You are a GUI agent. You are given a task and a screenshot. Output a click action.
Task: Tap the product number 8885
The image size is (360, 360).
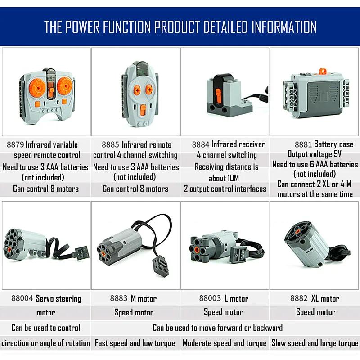pyautogui.click(x=110, y=144)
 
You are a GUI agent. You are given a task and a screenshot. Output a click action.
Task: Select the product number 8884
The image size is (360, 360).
pyautogui.click(x=201, y=144)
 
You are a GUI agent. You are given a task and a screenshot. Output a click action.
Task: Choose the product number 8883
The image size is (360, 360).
pyautogui.click(x=119, y=298)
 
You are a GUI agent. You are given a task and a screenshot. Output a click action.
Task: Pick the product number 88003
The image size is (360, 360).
pyautogui.click(x=210, y=298)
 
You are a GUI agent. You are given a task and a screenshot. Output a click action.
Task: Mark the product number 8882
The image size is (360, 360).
pyautogui.click(x=299, y=298)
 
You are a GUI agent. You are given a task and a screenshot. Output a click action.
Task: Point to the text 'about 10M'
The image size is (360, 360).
pyautogui.click(x=224, y=178)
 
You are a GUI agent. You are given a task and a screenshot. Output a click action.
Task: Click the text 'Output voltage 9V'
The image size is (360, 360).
pyautogui.click(x=314, y=154)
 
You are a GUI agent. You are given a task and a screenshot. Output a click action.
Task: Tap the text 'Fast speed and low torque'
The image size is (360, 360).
pyautogui.click(x=135, y=343)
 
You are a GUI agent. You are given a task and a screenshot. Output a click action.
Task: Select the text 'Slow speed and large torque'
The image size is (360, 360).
pyautogui.click(x=315, y=343)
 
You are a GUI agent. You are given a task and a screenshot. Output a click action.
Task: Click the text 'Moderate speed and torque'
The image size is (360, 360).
pyautogui.click(x=225, y=343)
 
